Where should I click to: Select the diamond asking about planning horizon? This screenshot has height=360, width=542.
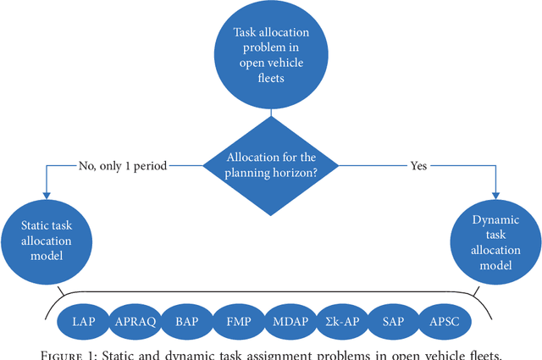click(x=271, y=164)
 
